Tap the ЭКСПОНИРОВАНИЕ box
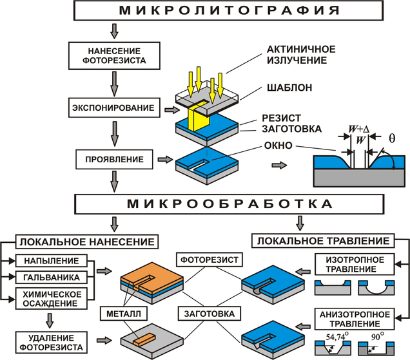pos(115,107)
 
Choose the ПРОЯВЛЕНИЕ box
pos(114,158)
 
